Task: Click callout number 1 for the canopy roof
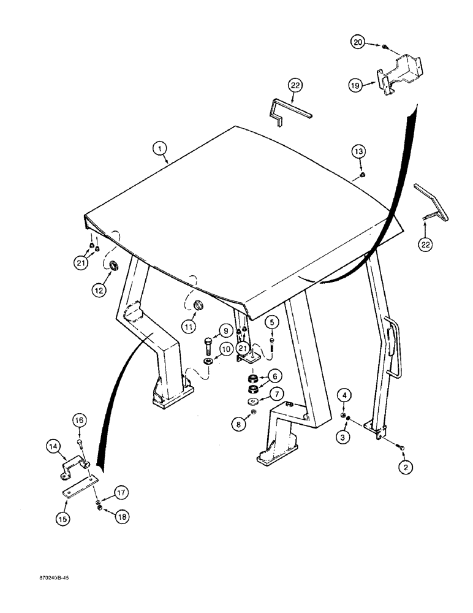pyautogui.click(x=159, y=147)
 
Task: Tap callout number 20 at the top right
pyautogui.click(x=357, y=42)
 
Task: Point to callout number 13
pyautogui.click(x=358, y=151)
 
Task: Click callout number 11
pyautogui.click(x=189, y=326)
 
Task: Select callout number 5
pyautogui.click(x=273, y=321)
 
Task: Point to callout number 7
pyautogui.click(x=276, y=393)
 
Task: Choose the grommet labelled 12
pyautogui.click(x=113, y=266)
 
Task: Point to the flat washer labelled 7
pyautogui.click(x=253, y=401)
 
